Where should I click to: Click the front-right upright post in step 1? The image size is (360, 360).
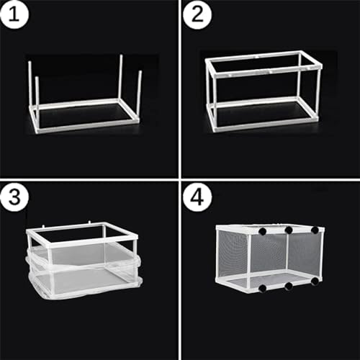point(138,97)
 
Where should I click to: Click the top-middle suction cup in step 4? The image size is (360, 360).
point(288,230)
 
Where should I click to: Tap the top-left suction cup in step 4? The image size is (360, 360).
point(262,232)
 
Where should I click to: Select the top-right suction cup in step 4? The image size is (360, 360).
point(315,230)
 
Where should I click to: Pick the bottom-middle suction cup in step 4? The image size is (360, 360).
point(288,287)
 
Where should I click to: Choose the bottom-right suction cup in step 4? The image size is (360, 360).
point(315,284)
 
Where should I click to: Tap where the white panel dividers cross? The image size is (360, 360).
point(179,179)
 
